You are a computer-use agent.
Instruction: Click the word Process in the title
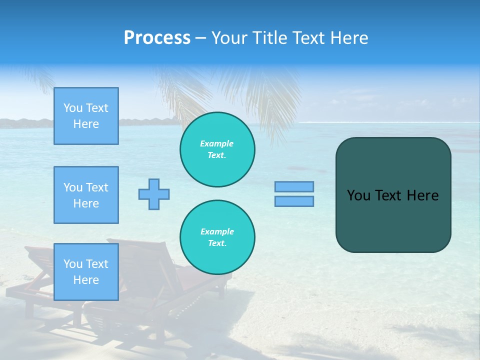pyautogui.click(x=157, y=38)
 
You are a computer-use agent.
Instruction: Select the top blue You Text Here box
pyautogui.click(x=86, y=116)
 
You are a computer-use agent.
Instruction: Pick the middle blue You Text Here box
pyautogui.click(x=86, y=195)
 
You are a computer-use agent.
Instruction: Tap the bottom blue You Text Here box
pyautogui.click(x=86, y=272)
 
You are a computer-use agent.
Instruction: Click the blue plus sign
pyautogui.click(x=154, y=194)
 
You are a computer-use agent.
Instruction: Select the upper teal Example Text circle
pyautogui.click(x=217, y=149)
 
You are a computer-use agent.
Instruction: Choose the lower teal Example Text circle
pyautogui.click(x=217, y=237)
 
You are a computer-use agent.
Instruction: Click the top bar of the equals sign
pyautogui.click(x=294, y=186)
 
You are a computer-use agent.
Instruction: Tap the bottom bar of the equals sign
pyautogui.click(x=294, y=201)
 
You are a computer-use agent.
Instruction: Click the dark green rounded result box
pyautogui.click(x=393, y=220)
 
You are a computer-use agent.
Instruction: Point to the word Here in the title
pyautogui.click(x=348, y=38)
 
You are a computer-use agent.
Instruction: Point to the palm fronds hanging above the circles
pyautogui.click(x=260, y=95)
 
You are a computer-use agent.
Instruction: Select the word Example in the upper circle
pyautogui.click(x=217, y=143)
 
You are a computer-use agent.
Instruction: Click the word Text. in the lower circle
pyautogui.click(x=217, y=243)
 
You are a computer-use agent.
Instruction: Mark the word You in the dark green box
pyautogui.click(x=358, y=195)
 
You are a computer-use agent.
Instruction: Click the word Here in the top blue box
pyautogui.click(x=86, y=124)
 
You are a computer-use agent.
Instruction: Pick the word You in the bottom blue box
pyautogui.click(x=73, y=264)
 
